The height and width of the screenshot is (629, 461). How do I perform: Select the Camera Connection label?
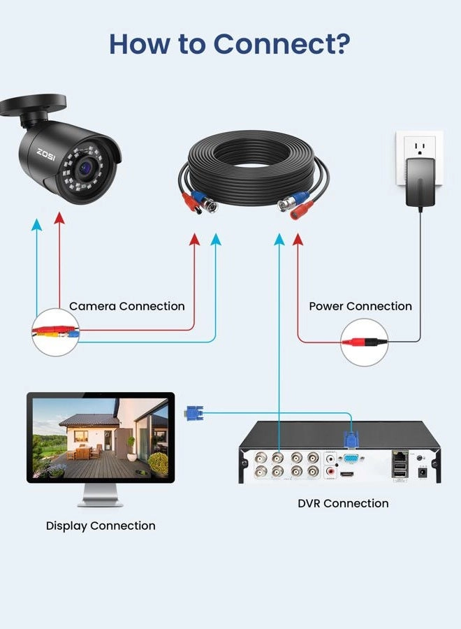(127, 306)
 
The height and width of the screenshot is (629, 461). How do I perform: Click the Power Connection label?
(360, 306)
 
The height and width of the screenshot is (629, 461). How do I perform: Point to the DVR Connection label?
(343, 503)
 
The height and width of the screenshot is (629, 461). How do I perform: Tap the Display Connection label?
(101, 526)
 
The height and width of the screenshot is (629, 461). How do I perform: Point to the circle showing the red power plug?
(364, 342)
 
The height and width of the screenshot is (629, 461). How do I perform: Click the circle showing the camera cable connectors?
(56, 332)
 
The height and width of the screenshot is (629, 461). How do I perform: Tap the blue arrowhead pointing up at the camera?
(36, 224)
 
